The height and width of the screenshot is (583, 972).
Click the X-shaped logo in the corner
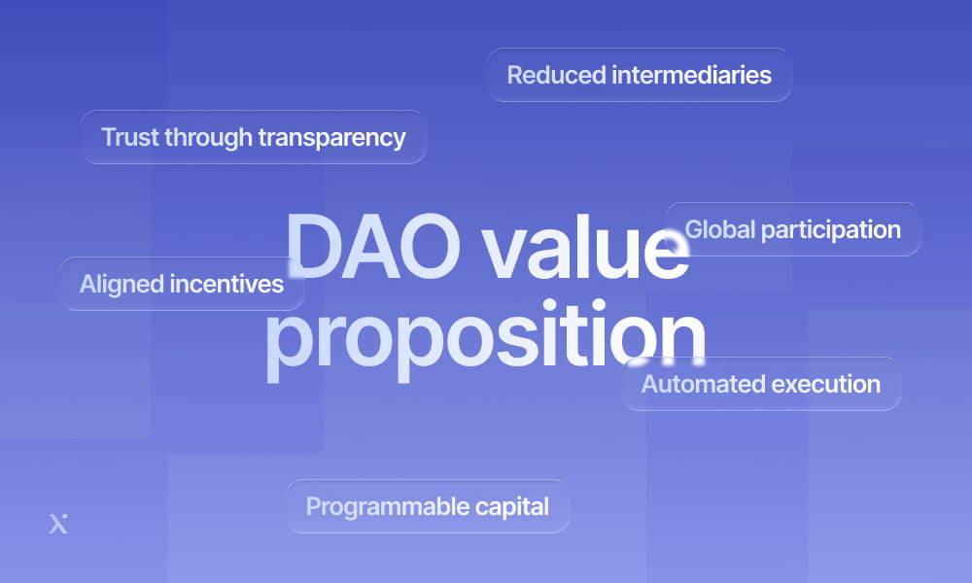58,524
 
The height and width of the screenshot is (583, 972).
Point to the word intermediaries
691,75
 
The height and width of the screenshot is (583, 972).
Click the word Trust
129,137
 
